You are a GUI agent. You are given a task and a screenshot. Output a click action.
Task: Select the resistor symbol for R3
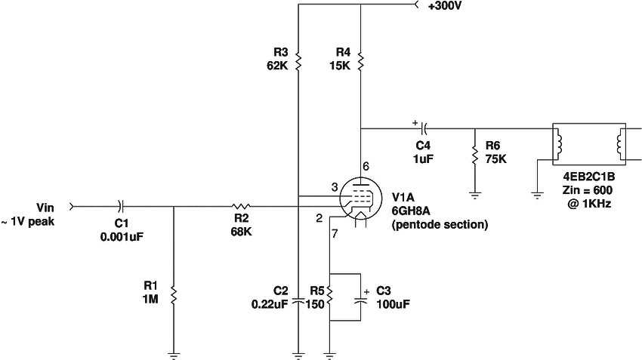click(x=299, y=60)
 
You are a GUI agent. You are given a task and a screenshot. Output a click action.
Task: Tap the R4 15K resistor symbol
click(x=362, y=60)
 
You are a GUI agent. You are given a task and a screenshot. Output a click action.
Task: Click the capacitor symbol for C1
click(x=121, y=205)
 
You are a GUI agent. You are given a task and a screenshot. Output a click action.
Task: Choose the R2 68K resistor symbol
click(x=240, y=205)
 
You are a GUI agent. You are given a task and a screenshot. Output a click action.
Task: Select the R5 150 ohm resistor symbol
click(x=330, y=291)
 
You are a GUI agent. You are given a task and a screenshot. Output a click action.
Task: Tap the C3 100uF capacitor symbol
click(x=361, y=299)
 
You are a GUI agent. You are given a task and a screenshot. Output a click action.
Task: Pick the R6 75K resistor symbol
click(x=474, y=155)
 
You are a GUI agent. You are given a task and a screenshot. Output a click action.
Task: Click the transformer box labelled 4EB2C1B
click(x=590, y=144)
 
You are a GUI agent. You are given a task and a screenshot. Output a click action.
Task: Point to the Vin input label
click(x=45, y=206)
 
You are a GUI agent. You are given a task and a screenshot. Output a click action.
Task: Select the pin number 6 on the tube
click(x=366, y=166)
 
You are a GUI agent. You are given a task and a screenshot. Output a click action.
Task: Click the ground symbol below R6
click(x=474, y=194)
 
